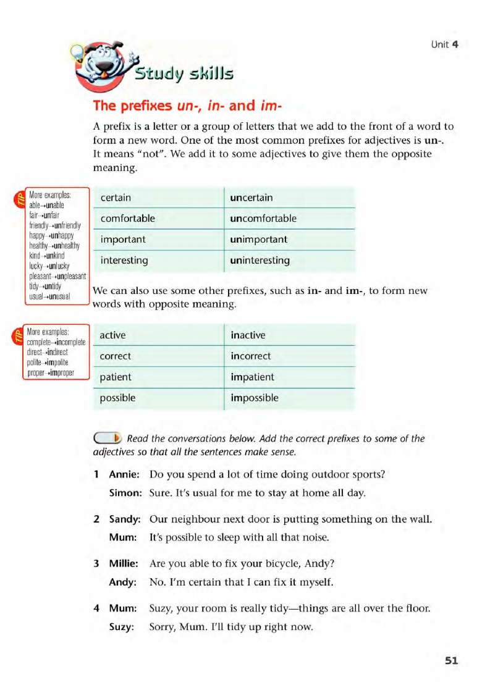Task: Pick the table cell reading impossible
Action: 254,398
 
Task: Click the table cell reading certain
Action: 116,198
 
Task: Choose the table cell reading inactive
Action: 248,335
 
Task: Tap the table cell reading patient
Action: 116,377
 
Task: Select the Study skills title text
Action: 184,74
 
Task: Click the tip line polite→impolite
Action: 48,362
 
